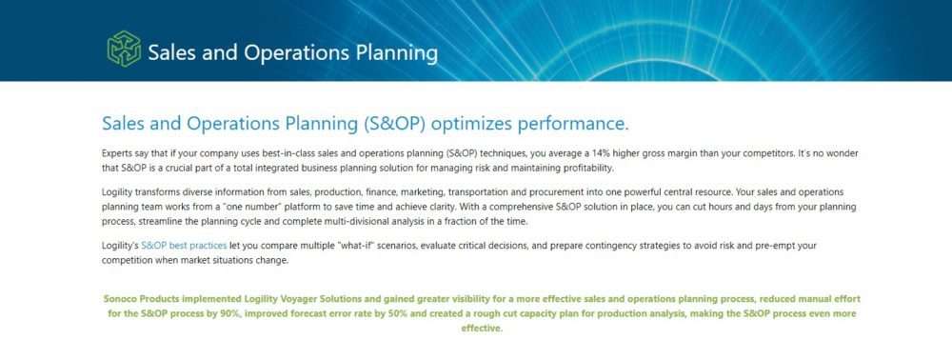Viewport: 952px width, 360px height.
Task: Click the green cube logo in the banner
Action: (x=124, y=49)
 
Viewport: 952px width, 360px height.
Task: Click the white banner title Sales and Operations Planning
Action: (x=292, y=52)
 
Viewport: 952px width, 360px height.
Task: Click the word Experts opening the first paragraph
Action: (x=116, y=154)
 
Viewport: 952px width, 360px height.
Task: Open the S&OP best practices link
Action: (x=184, y=246)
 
